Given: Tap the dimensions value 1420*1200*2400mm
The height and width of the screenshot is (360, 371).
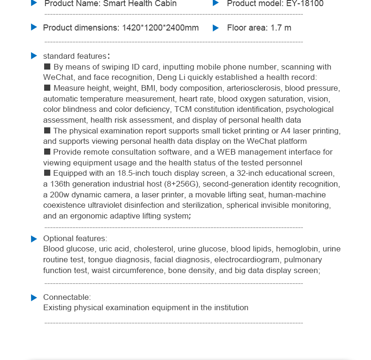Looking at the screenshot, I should (160, 28).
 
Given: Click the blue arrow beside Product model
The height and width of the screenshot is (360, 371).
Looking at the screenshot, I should (216, 3).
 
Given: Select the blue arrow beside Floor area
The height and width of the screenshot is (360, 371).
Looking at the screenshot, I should (216, 28).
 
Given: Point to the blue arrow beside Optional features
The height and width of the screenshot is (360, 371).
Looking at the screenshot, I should (34, 239).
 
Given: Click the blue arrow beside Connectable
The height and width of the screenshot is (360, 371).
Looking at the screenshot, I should (34, 297).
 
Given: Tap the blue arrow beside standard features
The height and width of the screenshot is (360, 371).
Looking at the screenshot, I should (34, 56).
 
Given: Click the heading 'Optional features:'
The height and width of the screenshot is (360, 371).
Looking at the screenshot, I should (75, 239).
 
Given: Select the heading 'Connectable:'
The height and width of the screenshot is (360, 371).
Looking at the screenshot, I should (67, 297).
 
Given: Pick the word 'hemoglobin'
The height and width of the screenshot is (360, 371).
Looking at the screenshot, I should (297, 249).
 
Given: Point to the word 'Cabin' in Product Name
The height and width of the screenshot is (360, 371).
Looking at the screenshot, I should (166, 4).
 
